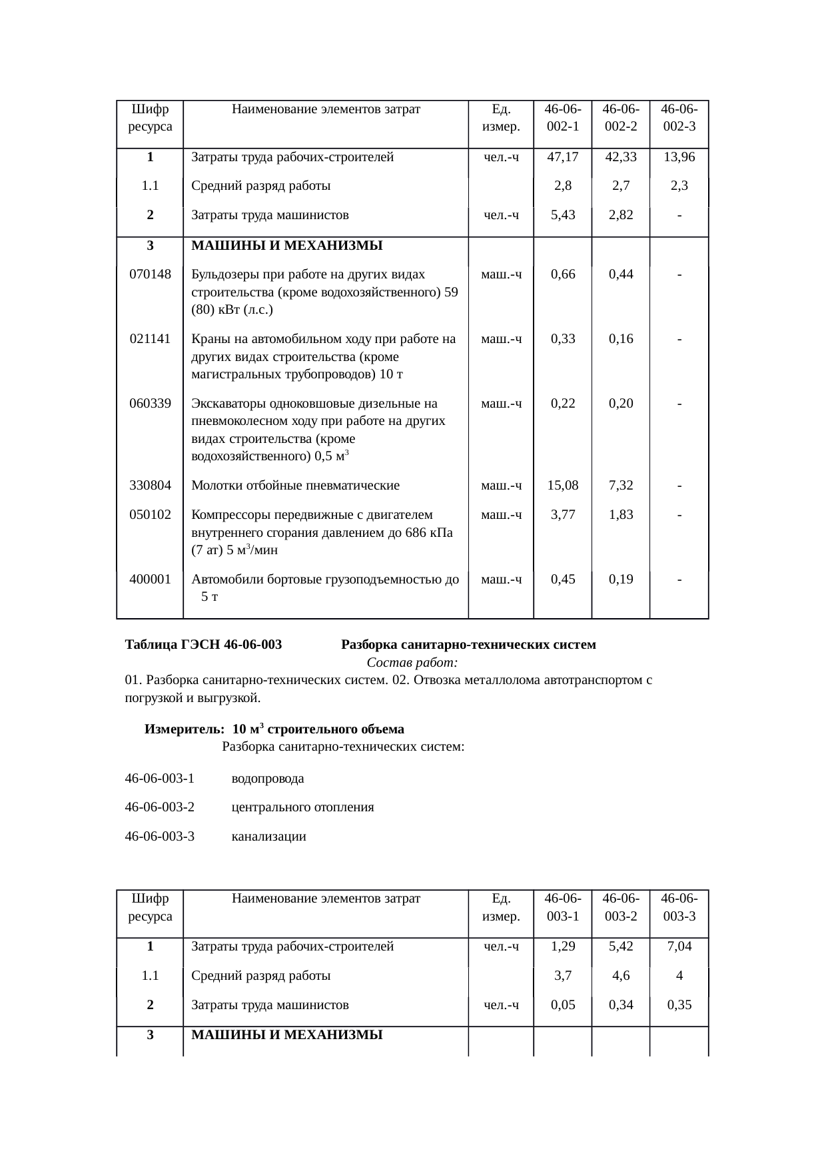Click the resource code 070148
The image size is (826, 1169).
tap(150, 274)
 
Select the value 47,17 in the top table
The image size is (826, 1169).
tap(562, 157)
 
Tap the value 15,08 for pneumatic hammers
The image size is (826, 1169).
tap(562, 486)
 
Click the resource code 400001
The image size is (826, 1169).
tap(150, 580)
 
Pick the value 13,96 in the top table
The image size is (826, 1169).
tap(679, 157)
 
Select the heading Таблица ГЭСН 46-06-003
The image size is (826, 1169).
tap(203, 645)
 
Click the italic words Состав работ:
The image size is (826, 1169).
tap(412, 663)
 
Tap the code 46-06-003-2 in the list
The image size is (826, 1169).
tap(160, 807)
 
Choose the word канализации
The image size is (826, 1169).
tap(268, 837)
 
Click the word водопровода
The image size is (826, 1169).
tap(267, 779)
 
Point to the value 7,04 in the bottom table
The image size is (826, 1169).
tap(679, 947)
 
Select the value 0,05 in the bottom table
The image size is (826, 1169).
tap(562, 1005)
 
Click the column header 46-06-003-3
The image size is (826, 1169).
tap(679, 907)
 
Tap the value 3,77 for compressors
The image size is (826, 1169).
tap(562, 515)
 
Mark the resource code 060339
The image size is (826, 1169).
tap(150, 404)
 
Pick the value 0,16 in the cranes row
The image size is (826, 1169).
tap(620, 339)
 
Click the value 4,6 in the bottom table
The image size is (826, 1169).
tap(620, 976)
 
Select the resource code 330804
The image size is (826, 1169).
tap(150, 486)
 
